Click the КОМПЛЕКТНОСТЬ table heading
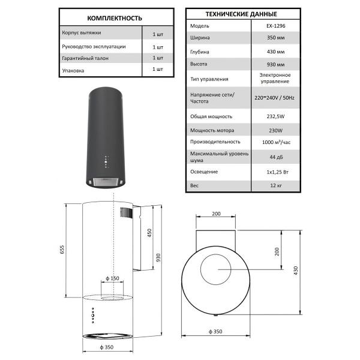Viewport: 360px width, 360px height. [x=115, y=18]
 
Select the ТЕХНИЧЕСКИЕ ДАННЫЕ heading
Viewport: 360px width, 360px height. [x=241, y=14]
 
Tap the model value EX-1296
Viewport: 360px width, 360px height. [x=276, y=26]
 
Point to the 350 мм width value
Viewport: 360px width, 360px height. [x=275, y=38]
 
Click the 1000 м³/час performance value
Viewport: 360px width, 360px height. [x=276, y=142]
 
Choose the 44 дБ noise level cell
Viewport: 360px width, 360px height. [x=276, y=157]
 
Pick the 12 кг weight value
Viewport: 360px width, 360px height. [x=276, y=185]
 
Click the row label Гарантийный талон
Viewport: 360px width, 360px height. [x=85, y=58]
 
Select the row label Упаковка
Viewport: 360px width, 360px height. [x=73, y=70]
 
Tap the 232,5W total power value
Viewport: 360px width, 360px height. [x=275, y=116]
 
